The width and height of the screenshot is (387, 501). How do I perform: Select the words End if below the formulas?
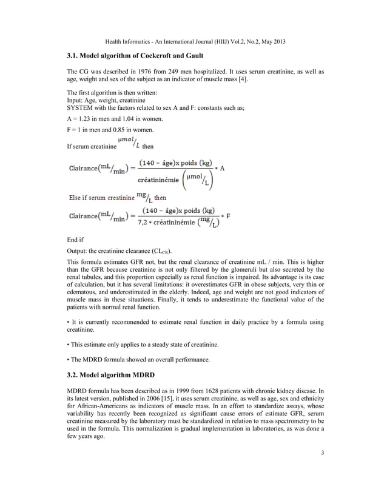click(x=76, y=240)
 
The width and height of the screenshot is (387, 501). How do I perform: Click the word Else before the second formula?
click(x=73, y=197)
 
